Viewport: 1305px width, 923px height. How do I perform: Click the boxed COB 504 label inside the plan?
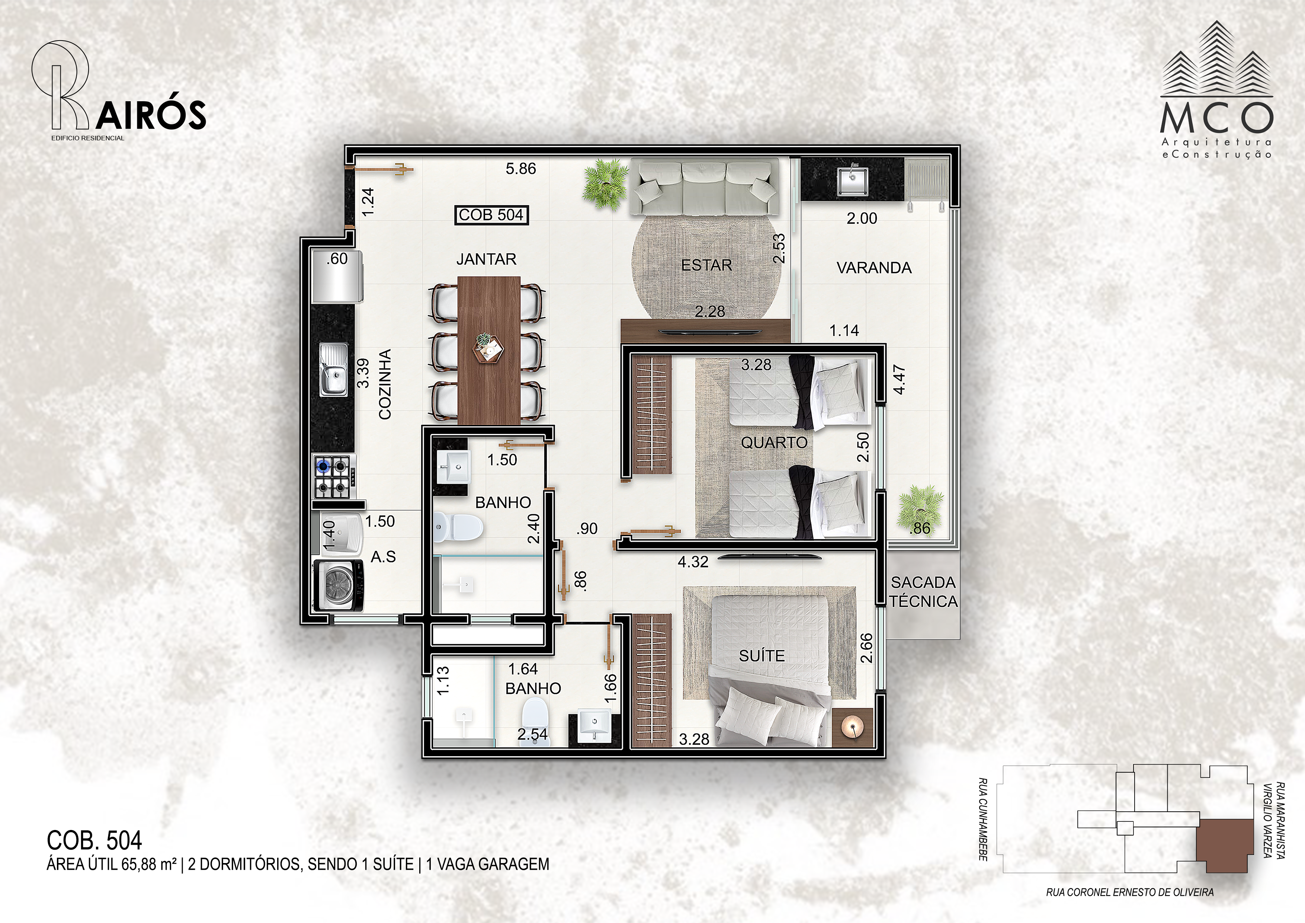(492, 215)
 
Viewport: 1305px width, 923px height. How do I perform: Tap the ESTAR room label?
(706, 265)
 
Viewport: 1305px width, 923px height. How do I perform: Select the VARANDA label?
(873, 268)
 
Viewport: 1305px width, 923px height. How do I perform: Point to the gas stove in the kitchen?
(334, 476)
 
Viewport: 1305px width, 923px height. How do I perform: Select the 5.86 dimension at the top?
(521, 169)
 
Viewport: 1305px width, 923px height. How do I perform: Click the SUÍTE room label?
(761, 656)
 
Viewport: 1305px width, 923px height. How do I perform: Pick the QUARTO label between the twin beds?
(774, 443)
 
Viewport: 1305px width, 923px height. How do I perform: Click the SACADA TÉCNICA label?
(924, 591)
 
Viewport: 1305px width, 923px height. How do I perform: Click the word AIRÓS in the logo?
(151, 115)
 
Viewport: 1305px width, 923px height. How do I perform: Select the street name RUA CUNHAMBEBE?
(983, 820)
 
